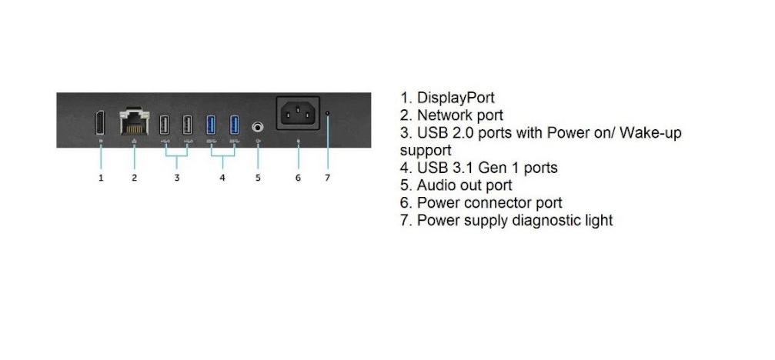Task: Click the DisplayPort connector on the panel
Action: (x=101, y=123)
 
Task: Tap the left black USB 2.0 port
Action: (x=164, y=124)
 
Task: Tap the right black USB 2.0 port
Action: (x=187, y=124)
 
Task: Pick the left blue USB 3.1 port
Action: (x=212, y=124)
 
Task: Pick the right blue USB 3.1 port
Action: (x=235, y=124)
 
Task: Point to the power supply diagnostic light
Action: (x=328, y=113)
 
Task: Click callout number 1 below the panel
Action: (x=101, y=178)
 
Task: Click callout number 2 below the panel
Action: (x=134, y=178)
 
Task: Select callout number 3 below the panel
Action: (x=176, y=178)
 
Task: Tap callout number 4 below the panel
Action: (x=222, y=178)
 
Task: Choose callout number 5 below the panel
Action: (x=258, y=178)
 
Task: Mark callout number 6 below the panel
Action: (x=298, y=178)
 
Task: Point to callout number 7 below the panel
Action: (x=327, y=178)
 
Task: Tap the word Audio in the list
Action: (x=437, y=185)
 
